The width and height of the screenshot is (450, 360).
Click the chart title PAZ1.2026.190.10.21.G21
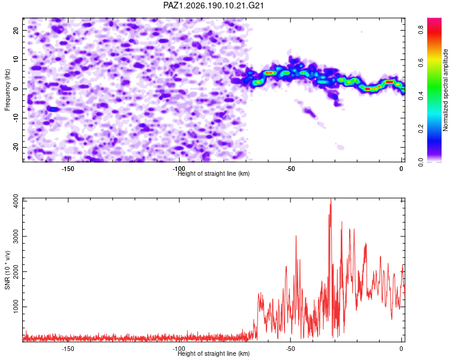[213, 5]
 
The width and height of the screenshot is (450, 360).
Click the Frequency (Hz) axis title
[7, 90]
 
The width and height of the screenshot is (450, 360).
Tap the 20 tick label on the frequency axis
[16, 30]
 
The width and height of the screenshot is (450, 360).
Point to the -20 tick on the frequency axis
[16, 147]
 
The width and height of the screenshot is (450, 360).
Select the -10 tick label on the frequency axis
[16, 118]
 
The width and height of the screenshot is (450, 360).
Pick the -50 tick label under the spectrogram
[290, 169]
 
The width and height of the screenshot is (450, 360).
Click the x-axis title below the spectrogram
[214, 173]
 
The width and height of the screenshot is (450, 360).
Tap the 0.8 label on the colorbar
[421, 29]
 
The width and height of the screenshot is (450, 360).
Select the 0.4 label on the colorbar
[421, 95]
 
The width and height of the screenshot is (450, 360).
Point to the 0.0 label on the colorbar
[421, 162]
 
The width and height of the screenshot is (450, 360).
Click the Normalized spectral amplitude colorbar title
[445, 90]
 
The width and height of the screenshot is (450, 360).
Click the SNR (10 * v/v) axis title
[7, 270]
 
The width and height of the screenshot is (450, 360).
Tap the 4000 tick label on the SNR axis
[16, 201]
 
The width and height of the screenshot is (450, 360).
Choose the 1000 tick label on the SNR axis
[16, 307]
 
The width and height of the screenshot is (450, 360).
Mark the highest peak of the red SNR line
[331, 199]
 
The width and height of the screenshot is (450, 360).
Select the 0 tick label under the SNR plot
[401, 349]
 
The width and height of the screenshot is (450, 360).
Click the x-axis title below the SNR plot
[214, 353]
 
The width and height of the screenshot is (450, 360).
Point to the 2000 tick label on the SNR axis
[16, 272]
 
